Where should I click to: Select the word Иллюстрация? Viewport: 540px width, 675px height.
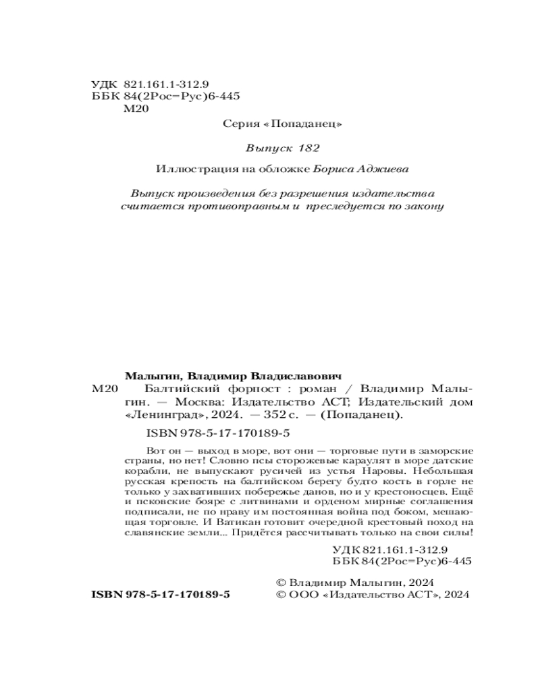coord(188,169)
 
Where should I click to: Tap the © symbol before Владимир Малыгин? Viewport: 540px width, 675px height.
coord(282,581)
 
